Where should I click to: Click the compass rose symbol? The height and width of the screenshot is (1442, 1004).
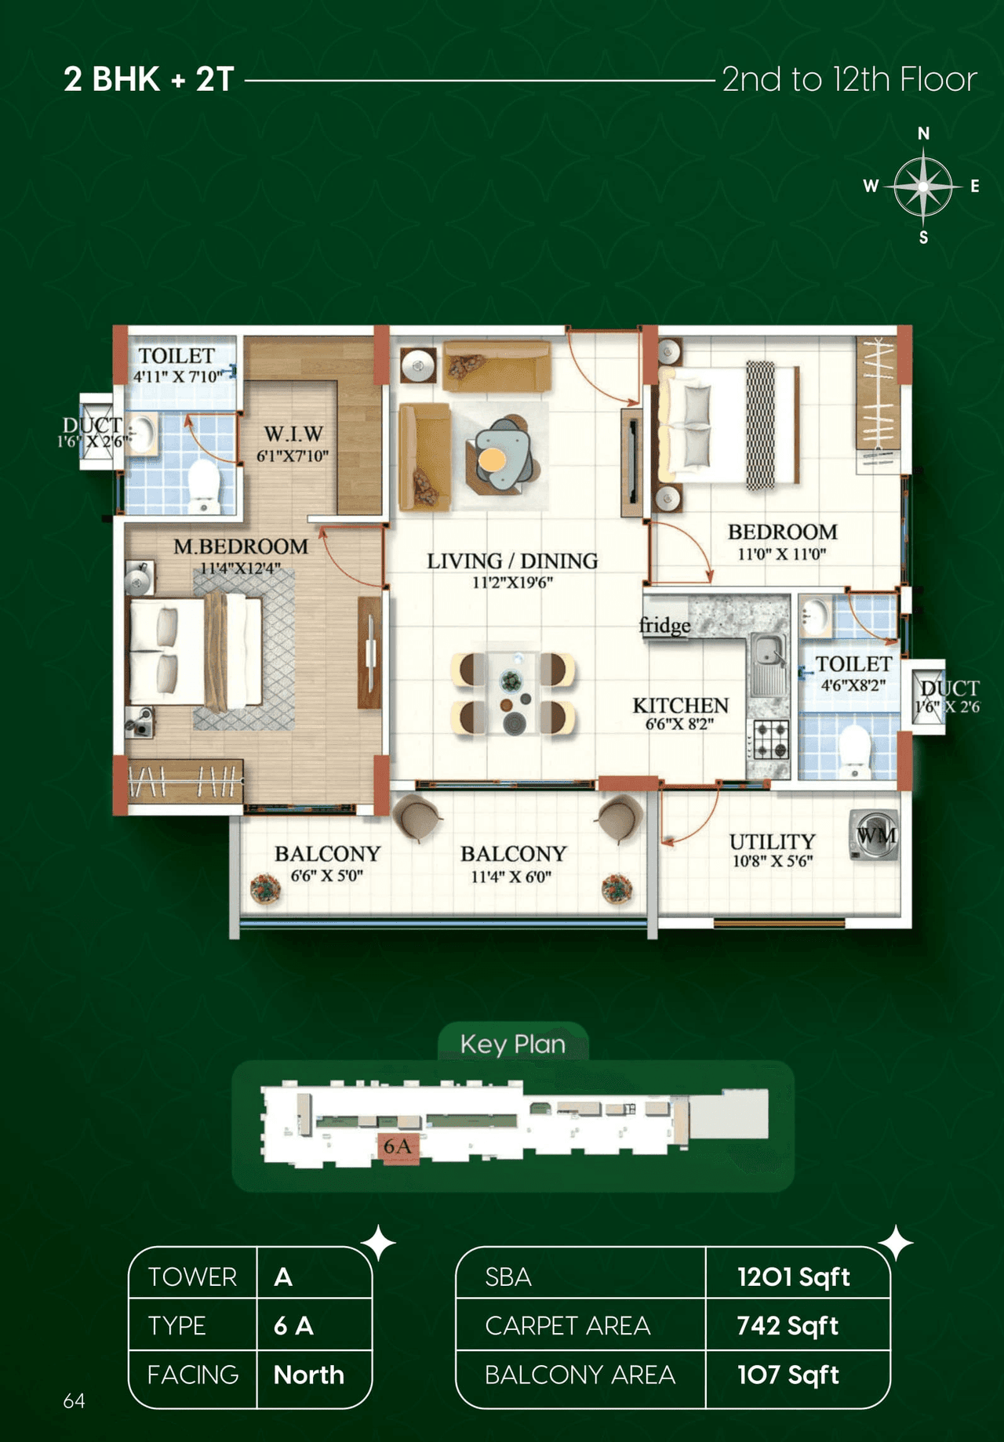pyautogui.click(x=923, y=187)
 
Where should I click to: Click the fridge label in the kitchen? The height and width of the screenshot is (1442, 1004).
pyautogui.click(x=664, y=626)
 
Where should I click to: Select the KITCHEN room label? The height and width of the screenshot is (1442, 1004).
pyautogui.click(x=680, y=705)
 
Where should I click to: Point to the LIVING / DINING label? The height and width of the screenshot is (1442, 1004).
pyautogui.click(x=512, y=561)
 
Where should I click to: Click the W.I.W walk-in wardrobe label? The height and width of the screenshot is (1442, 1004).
pyautogui.click(x=293, y=434)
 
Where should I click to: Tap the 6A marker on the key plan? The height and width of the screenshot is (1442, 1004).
pyautogui.click(x=397, y=1146)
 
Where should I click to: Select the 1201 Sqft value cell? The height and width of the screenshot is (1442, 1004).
pyautogui.click(x=793, y=1277)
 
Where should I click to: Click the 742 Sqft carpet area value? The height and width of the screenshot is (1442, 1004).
pyautogui.click(x=788, y=1325)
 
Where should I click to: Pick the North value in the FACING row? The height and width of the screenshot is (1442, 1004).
pyautogui.click(x=308, y=1375)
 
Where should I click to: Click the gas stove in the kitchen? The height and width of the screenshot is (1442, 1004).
pyautogui.click(x=769, y=739)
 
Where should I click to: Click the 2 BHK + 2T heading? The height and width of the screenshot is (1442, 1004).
pyautogui.click(x=149, y=79)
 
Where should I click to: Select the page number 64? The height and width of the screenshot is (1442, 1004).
pyautogui.click(x=74, y=1400)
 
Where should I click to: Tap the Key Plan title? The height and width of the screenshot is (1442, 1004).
pyautogui.click(x=512, y=1044)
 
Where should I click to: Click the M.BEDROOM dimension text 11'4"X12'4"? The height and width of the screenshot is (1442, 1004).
pyautogui.click(x=240, y=568)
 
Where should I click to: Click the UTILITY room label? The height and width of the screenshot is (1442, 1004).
pyautogui.click(x=772, y=841)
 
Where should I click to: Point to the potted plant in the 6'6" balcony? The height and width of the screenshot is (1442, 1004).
pyautogui.click(x=265, y=888)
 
